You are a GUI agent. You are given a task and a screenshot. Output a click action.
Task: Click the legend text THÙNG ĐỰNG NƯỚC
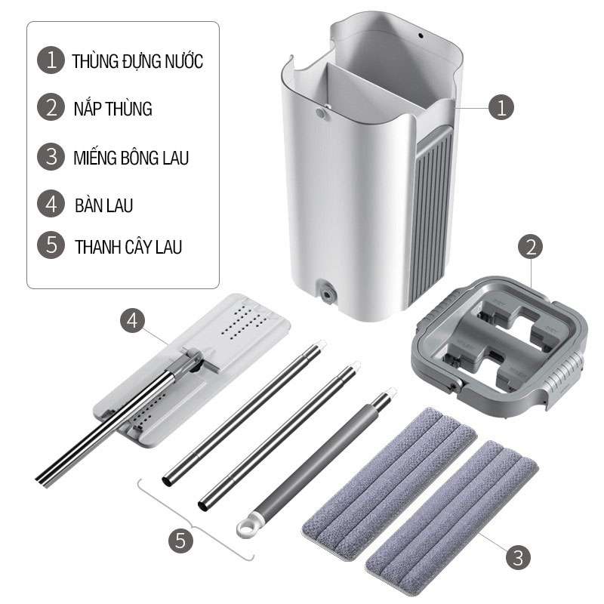137,61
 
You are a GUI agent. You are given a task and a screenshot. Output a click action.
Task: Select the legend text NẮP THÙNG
112,109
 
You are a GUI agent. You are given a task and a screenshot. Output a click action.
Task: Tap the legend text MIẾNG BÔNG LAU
131,158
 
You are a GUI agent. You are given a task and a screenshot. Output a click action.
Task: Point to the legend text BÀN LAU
103,205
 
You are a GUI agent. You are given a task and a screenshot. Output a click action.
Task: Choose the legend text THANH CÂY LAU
128,247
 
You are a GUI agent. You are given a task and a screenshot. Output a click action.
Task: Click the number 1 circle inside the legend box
51,60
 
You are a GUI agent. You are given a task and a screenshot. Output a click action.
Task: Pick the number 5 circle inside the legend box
51,245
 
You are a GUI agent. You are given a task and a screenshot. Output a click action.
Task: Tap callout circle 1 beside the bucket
501,107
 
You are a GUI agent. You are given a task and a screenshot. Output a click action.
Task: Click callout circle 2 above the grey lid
531,247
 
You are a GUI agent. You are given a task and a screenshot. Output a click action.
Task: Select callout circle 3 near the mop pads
518,557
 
